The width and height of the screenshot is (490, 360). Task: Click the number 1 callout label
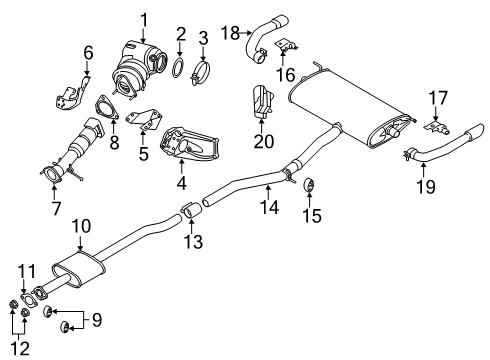143,18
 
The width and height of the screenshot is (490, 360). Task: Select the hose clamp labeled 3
200,73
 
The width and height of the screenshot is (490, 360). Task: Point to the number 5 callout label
143,155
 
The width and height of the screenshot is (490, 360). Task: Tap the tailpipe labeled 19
440,156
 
